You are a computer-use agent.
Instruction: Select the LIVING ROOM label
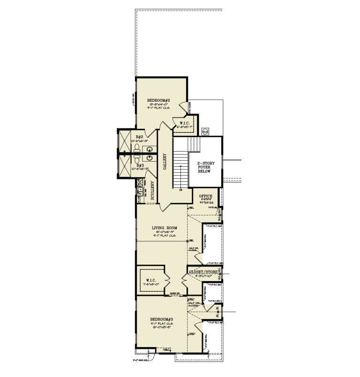pos(161,228)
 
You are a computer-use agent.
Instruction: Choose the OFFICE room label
pos(206,196)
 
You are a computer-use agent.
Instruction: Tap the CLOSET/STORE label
pos(203,272)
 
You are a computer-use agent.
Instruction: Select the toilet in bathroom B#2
pos(136,148)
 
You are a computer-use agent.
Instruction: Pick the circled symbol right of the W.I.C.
pos(205,132)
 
